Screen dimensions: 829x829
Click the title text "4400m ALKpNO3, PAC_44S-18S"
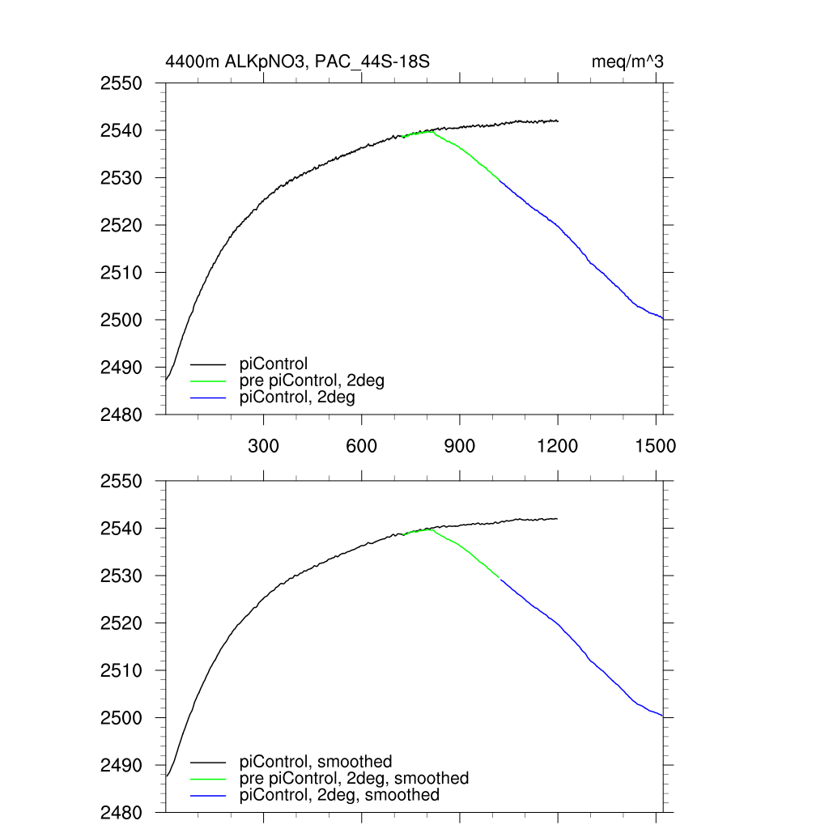click(302, 62)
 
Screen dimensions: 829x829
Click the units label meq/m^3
click(628, 62)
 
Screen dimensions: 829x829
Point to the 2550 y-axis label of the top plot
click(121, 83)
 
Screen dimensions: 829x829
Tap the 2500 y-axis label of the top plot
click(121, 320)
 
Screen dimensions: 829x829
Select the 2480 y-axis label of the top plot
click(121, 414)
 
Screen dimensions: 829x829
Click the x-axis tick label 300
click(263, 446)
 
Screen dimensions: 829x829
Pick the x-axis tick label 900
click(459, 446)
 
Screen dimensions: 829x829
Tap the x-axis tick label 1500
click(657, 446)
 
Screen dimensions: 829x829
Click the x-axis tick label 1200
click(558, 446)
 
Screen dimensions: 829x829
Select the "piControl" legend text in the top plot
click(274, 364)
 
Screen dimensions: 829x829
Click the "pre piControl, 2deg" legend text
click(312, 380)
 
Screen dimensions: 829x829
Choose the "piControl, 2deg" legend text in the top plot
click(297, 397)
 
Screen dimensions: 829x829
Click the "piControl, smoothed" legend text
click(316, 762)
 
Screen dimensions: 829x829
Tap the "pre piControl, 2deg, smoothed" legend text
click(354, 778)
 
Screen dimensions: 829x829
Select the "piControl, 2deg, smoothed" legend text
click(339, 795)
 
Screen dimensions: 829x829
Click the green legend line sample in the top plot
click(208, 381)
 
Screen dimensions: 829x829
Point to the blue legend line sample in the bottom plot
click(208, 796)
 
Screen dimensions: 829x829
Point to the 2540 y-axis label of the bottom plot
click(121, 529)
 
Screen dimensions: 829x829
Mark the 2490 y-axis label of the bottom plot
click(121, 765)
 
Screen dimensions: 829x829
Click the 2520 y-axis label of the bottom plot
click(121, 623)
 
